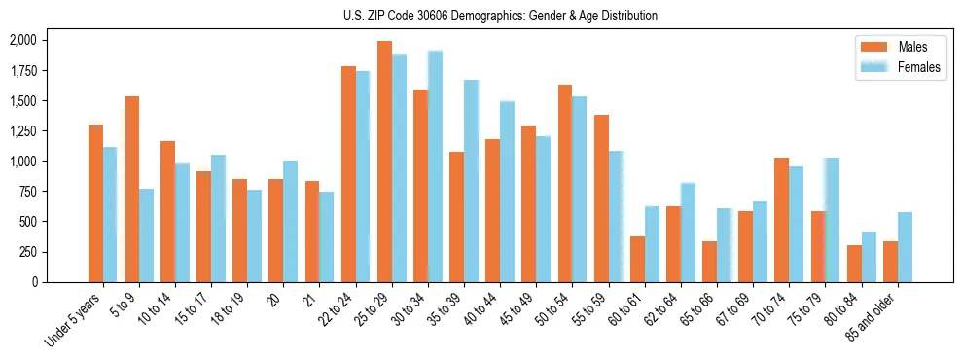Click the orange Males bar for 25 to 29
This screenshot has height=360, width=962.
(384, 162)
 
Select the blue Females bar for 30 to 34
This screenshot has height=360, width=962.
(435, 166)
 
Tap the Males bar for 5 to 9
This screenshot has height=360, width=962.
(131, 189)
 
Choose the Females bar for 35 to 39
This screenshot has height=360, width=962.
(471, 181)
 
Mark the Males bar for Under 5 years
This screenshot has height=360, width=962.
(95, 203)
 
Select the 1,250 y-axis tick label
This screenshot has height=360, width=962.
(22, 131)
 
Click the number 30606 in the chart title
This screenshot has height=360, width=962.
(443, 16)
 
